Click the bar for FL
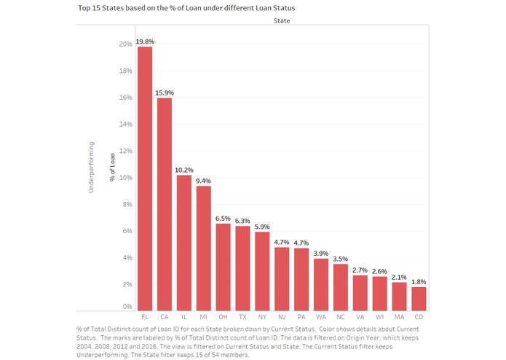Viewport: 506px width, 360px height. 145,178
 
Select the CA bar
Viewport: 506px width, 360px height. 165,203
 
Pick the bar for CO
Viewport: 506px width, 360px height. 419,298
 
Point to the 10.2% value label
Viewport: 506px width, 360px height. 184,170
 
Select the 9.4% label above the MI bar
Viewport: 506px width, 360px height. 204,181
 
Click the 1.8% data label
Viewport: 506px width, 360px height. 419,281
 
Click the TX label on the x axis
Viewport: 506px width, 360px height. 242,318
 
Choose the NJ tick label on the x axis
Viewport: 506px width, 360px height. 282,318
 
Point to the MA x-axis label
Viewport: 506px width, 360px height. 399,318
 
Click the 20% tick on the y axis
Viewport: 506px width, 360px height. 125,44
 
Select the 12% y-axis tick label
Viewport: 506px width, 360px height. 125,151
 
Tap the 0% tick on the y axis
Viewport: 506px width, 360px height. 127,307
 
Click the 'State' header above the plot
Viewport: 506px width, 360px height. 281,22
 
